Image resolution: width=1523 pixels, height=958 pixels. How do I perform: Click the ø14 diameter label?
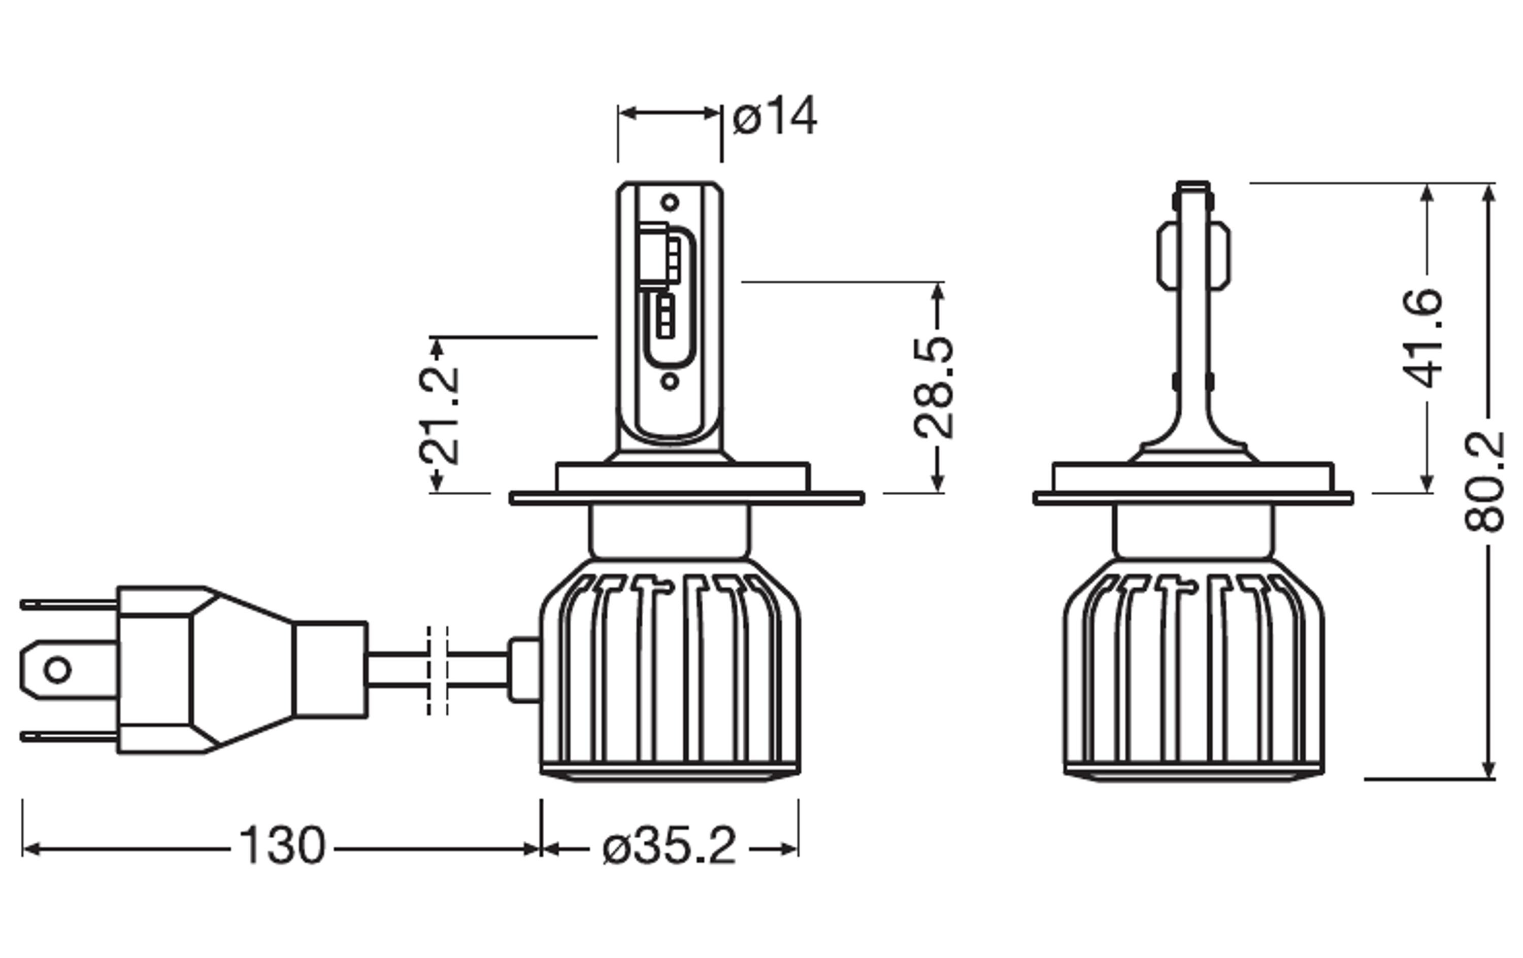[x=775, y=116]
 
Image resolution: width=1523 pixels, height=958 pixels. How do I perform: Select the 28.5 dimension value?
[x=934, y=388]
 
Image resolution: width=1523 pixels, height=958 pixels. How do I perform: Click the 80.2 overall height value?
[x=1484, y=481]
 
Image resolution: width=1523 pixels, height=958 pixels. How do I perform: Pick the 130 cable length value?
[x=282, y=846]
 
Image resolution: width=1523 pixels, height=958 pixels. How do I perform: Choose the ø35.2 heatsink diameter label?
[x=670, y=846]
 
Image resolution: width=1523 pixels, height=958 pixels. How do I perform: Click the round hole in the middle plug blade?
[x=57, y=670]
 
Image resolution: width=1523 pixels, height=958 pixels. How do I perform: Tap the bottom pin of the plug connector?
[x=69, y=737]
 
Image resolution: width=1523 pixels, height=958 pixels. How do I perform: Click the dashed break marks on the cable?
[x=438, y=670]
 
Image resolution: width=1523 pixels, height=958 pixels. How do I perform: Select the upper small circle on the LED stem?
[x=670, y=203]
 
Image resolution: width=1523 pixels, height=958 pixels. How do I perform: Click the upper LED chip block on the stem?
[x=658, y=256]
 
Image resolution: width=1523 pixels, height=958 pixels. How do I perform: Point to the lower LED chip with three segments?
[x=665, y=316]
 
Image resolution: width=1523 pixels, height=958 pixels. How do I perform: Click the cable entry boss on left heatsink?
[x=524, y=670]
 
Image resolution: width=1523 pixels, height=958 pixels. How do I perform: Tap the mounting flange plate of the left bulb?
[x=687, y=498]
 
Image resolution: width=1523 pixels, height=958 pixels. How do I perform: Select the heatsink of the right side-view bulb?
[x=1193, y=670]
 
